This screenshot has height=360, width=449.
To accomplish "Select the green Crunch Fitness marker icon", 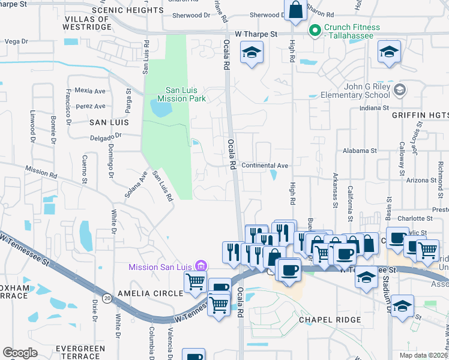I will coord(315,29).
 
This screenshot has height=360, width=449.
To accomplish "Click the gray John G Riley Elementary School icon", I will coord(401,90).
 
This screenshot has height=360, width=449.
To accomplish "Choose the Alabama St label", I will coord(360,151).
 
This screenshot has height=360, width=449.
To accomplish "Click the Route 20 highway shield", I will coord(107,298).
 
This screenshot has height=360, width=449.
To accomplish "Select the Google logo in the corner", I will coord(20,353).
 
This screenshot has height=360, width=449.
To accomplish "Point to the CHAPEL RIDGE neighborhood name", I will coord(330,320).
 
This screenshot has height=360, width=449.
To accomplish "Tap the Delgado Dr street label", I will coord(106,136).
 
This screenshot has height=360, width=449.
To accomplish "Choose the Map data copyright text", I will coord(423,355).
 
